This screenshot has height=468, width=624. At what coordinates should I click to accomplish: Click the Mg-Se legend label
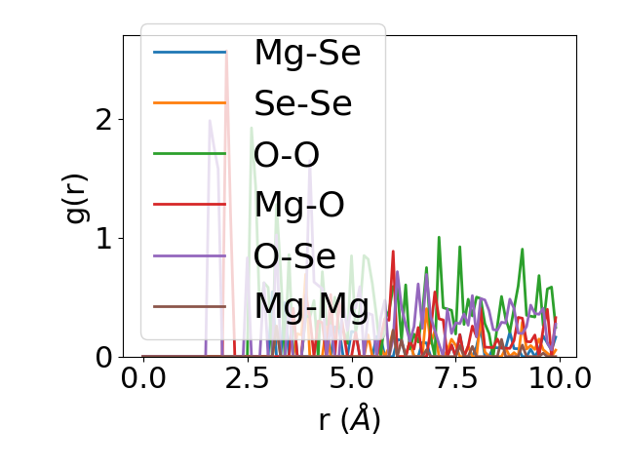pos(307,53)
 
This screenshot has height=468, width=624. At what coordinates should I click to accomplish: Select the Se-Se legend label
pos(302,103)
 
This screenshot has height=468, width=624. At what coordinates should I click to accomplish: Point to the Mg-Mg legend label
pos(311,306)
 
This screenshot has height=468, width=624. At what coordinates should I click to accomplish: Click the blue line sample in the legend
pos(190,53)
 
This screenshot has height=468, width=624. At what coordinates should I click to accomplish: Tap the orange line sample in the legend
pos(190,103)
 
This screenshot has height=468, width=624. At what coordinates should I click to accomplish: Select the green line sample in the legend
pos(190,154)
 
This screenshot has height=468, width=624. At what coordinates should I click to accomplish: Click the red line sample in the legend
pos(190,205)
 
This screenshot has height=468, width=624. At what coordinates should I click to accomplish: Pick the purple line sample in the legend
pos(190,255)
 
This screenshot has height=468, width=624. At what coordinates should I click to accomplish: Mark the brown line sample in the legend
pos(190,306)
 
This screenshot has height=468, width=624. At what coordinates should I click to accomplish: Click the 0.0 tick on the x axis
pos(143,378)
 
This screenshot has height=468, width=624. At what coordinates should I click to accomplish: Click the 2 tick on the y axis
pos(104,120)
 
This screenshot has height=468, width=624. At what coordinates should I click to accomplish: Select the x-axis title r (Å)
pos(349,419)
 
